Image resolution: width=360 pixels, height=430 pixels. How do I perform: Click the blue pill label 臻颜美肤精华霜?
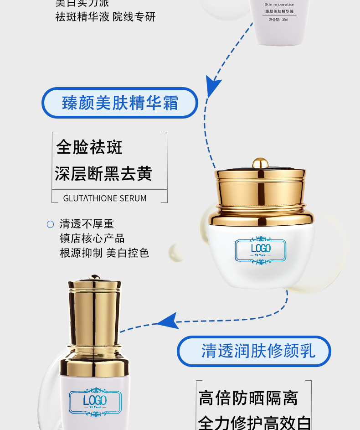coord(120,103)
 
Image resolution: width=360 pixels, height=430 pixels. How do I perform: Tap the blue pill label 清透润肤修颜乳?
coord(254,351)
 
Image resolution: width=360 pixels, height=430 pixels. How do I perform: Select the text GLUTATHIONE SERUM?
coord(105,198)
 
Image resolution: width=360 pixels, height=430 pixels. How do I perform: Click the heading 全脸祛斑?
coord(89,147)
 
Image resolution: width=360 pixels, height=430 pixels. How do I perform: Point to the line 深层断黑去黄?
coord(103,174)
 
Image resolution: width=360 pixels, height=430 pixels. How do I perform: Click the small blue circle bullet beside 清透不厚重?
coord(51,224)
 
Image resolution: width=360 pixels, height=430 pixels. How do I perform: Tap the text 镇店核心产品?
coord(92,238)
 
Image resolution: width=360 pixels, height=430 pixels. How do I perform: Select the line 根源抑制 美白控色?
coord(104,253)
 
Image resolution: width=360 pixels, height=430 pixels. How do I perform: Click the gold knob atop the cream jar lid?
coord(260,162)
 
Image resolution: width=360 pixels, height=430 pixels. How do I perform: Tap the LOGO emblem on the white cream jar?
coord(261,249)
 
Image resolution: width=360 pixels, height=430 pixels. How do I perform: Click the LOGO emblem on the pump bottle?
coord(95,402)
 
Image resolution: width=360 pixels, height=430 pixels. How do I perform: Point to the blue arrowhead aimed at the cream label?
coord(212,85)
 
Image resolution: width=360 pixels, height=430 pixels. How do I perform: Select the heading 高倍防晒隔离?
coord(248,398)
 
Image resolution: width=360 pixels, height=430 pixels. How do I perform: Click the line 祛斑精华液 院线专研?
coord(105,17)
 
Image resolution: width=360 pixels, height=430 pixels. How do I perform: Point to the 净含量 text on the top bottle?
coord(278,20)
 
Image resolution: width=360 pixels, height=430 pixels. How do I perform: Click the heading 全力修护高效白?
coord(255,422)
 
